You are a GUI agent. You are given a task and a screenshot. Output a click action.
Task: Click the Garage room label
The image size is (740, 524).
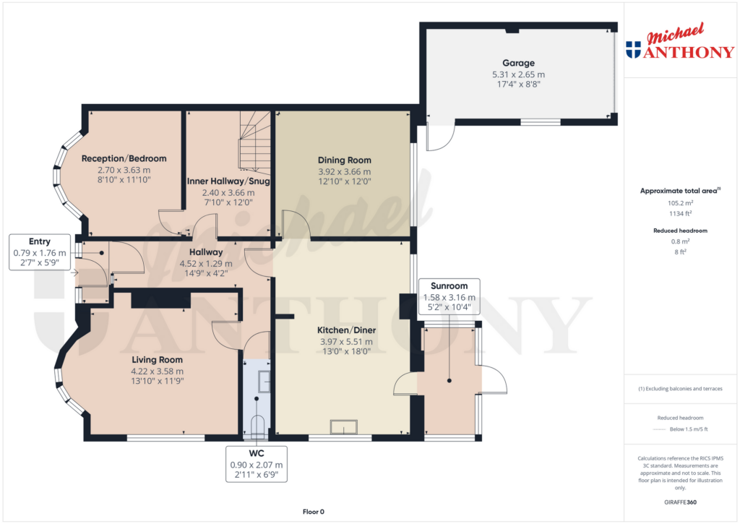tap(518, 63)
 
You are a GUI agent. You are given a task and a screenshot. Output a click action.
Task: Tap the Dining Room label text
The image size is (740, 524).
tap(345, 160)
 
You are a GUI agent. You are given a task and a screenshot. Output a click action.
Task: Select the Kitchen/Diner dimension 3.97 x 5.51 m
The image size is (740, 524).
tap(346, 342)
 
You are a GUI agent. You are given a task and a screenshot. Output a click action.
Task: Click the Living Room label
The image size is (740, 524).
tap(157, 359)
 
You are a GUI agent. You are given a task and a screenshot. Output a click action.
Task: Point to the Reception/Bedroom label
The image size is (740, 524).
tap(124, 158)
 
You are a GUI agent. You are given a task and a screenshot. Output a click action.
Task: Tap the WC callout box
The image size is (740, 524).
tap(257, 465)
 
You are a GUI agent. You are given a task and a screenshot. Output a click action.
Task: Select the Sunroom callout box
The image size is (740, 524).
tap(449, 296)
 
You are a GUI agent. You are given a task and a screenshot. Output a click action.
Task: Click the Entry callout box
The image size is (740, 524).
tap(40, 252)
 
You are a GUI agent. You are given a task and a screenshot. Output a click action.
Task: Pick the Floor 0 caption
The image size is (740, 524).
tap(313, 511)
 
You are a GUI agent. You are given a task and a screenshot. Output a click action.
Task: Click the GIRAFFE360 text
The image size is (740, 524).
tap(681, 502)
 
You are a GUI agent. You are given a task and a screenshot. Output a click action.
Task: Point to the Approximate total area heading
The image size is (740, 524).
tap(680, 191)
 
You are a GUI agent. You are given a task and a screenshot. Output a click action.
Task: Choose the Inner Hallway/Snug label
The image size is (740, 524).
tap(228, 181)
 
